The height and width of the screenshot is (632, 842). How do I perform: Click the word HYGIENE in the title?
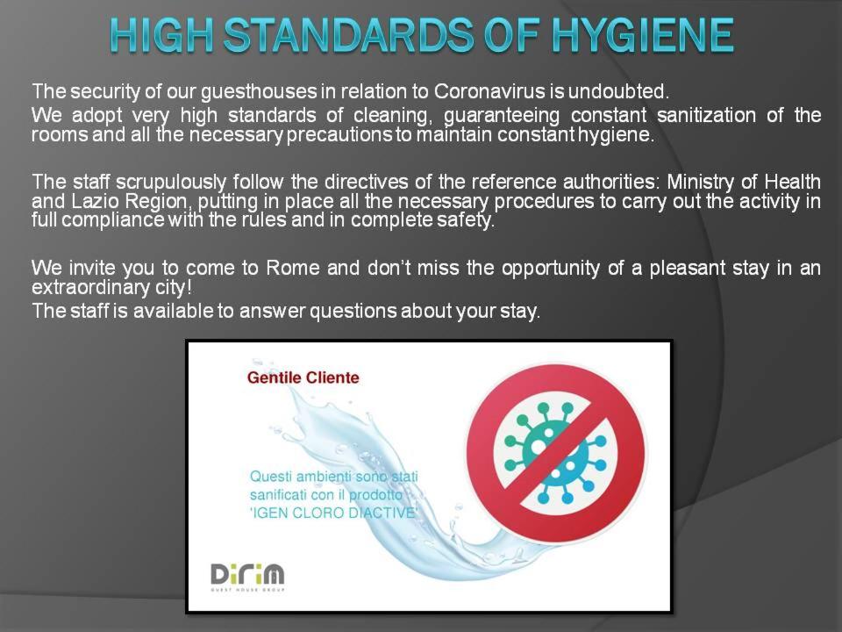643,35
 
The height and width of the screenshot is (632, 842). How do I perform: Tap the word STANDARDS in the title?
349,35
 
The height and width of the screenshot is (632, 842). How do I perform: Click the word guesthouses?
258,92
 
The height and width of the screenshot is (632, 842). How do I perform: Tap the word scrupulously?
171,183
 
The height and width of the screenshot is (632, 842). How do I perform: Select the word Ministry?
700,183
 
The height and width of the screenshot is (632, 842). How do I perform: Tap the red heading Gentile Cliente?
303,377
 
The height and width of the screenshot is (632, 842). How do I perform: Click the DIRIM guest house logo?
247,578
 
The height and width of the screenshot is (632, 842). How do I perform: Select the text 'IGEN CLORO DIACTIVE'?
333,513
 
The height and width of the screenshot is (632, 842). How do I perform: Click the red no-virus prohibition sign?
555,454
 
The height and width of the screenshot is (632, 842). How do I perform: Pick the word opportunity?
551,269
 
